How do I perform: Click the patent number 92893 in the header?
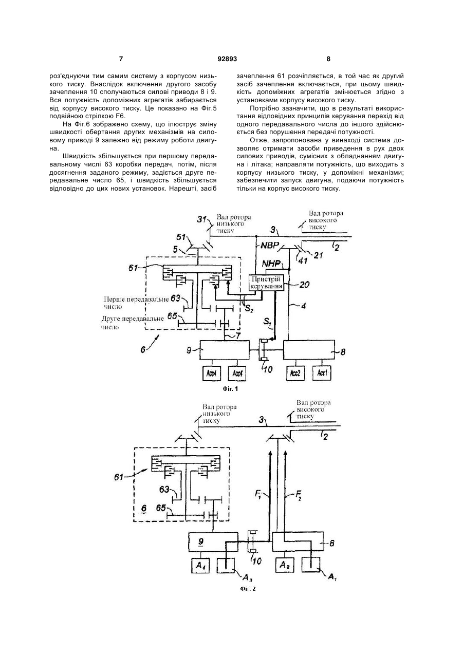click(227, 59)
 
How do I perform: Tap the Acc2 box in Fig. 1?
click(295, 373)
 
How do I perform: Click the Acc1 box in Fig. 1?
click(322, 373)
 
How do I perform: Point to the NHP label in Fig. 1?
click(271, 264)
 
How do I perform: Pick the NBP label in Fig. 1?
click(270, 245)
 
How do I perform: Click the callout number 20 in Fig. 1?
click(304, 284)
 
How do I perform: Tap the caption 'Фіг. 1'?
click(231, 389)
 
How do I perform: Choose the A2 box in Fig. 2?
click(285, 565)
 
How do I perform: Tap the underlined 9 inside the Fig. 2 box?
click(200, 541)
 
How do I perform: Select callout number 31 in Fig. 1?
click(201, 219)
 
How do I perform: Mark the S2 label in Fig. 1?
click(249, 308)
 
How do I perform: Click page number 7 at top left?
click(121, 59)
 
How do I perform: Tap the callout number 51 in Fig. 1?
click(181, 237)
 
